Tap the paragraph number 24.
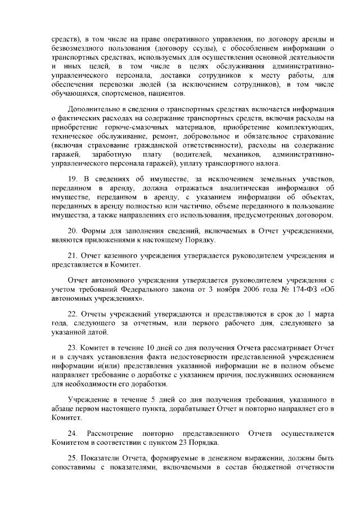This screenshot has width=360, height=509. [x=73, y=433]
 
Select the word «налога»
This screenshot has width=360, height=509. [x=264, y=163]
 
